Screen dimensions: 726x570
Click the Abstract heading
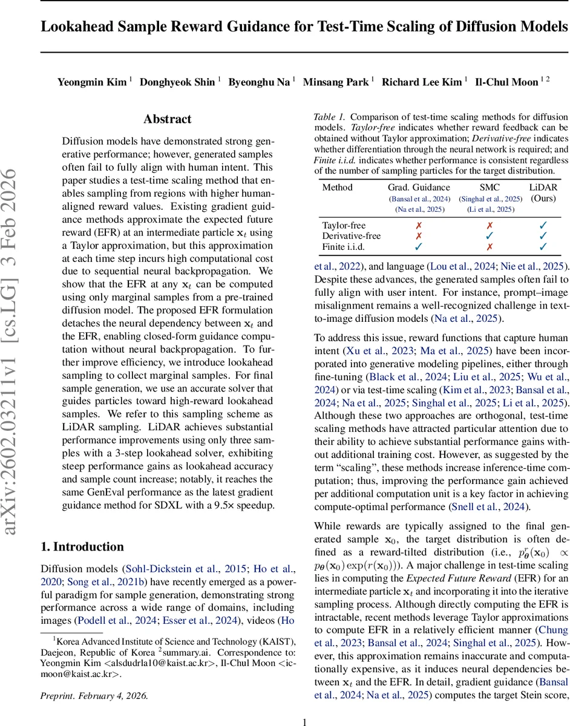[x=167, y=119]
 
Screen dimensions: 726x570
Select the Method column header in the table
[x=337, y=188]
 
